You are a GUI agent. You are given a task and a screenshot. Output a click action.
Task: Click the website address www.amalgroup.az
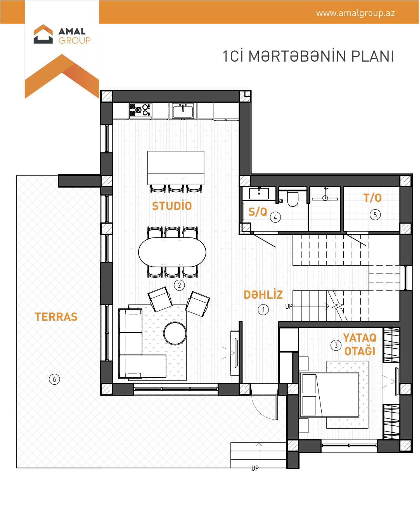click(x=355, y=13)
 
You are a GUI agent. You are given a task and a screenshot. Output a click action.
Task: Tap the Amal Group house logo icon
click(x=43, y=34)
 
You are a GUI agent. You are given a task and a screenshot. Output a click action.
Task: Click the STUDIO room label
click(x=172, y=206)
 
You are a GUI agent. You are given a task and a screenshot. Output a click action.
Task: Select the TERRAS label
click(x=56, y=317)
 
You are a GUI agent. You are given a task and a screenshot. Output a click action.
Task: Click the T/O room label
click(x=372, y=198)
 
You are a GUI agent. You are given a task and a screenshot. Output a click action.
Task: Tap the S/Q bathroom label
click(x=258, y=212)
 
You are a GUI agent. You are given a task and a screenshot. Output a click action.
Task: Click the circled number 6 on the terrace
click(x=54, y=379)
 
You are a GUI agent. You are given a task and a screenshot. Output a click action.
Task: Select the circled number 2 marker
click(x=179, y=285)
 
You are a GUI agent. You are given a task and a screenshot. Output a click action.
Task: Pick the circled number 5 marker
click(x=375, y=215)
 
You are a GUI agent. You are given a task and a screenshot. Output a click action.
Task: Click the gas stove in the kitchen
click(x=140, y=110)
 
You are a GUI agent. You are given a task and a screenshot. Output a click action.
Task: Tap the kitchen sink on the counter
click(x=183, y=110)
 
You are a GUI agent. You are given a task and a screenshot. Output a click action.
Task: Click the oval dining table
click(x=172, y=252)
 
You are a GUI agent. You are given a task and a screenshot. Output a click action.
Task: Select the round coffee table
click(x=175, y=334)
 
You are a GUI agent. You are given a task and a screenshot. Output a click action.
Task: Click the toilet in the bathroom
click(x=293, y=199)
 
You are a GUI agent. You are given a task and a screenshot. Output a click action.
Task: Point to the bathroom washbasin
click(x=259, y=194)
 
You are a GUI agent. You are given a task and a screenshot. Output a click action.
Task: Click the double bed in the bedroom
click(x=329, y=394)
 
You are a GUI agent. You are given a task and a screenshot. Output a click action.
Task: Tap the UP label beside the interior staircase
click(x=289, y=306)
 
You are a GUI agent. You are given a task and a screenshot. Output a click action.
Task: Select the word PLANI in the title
click(x=372, y=56)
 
